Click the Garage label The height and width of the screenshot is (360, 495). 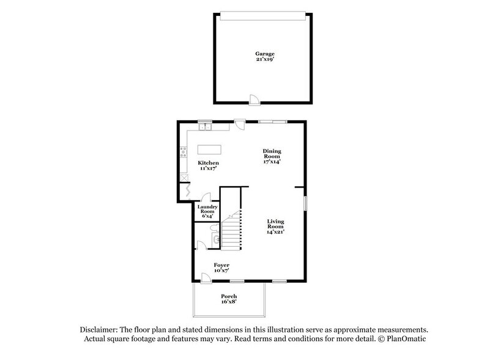[264, 54]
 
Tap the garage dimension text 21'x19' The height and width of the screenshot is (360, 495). [264, 60]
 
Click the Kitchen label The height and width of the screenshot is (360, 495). [208, 163]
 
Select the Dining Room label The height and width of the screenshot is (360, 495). [273, 154]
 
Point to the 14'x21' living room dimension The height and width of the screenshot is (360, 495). [275, 232]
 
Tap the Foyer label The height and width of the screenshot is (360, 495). [221, 264]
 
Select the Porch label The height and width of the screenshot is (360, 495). [229, 296]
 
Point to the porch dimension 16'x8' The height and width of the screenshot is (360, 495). [229, 302]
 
